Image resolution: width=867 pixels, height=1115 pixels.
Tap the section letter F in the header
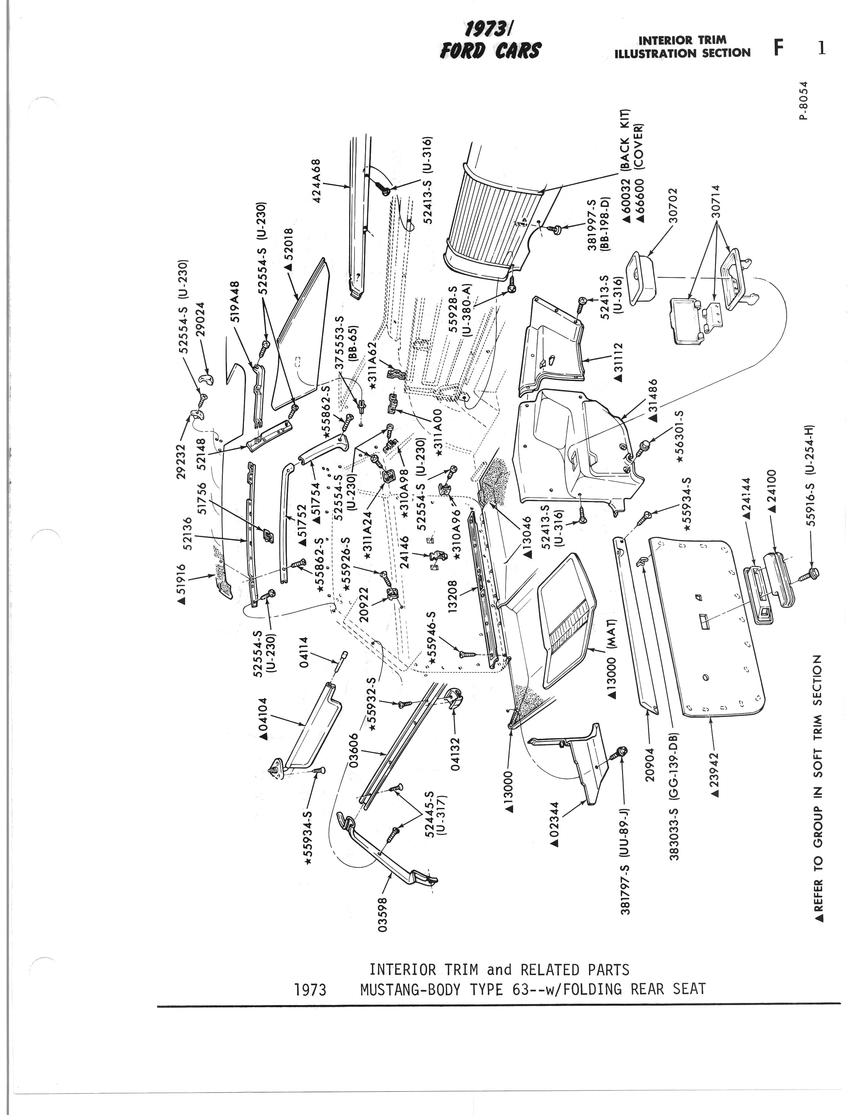click(778, 48)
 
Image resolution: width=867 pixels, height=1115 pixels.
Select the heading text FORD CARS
click(490, 51)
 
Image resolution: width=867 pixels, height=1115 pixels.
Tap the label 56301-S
click(679, 436)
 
